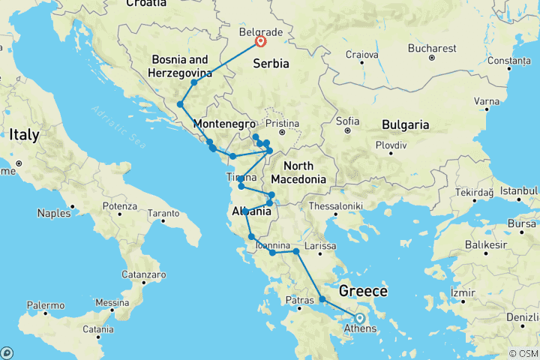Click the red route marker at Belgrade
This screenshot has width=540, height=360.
pyautogui.click(x=261, y=42)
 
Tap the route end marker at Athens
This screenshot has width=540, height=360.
pyautogui.click(x=360, y=318)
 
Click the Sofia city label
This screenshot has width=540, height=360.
pyautogui.click(x=348, y=120)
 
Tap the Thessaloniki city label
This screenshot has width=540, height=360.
pyautogui.click(x=338, y=205)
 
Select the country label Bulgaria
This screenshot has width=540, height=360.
pyautogui.click(x=405, y=124)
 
